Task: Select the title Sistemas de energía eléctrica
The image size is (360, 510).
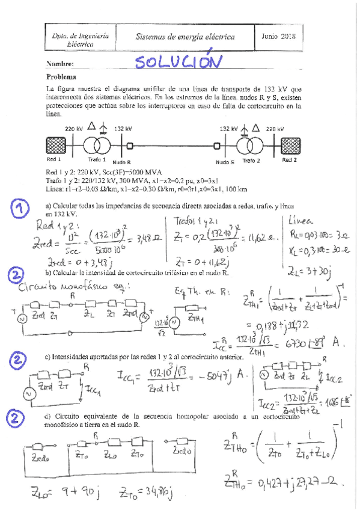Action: pyautogui.click(x=185, y=37)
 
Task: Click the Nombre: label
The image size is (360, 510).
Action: pyautogui.click(x=59, y=64)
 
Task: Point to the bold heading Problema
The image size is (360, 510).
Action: pyautogui.click(x=61, y=77)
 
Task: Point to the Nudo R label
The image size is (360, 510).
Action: pyautogui.click(x=122, y=163)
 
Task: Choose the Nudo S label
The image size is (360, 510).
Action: pyautogui.click(x=224, y=162)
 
